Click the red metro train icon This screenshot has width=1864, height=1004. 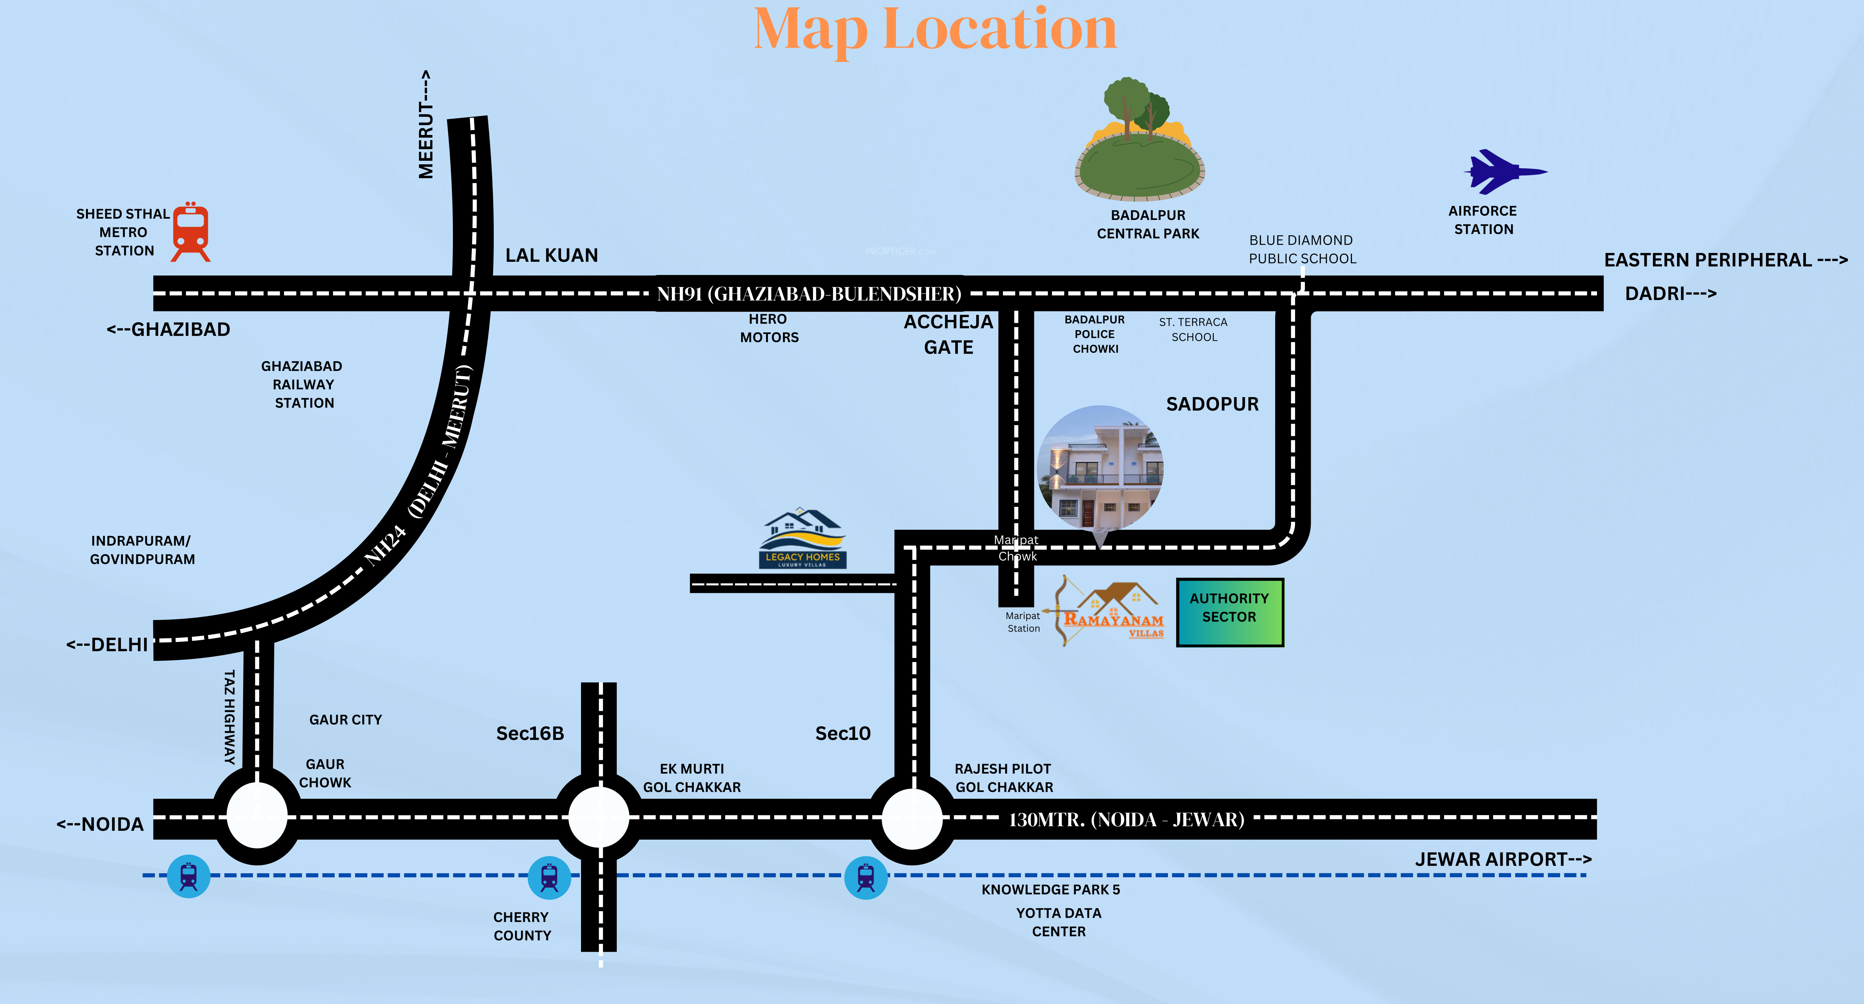(x=191, y=232)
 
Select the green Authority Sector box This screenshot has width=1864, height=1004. (x=1229, y=612)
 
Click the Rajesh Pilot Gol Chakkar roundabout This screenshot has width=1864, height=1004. (x=912, y=818)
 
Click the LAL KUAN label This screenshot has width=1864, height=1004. (x=551, y=256)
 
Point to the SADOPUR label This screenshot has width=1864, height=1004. (x=1212, y=404)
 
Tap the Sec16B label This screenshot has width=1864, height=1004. (x=530, y=733)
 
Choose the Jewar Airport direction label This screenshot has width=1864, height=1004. (x=1503, y=859)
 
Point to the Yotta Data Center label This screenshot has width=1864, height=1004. (x=1059, y=922)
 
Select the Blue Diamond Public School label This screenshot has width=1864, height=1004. (x=1302, y=249)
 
